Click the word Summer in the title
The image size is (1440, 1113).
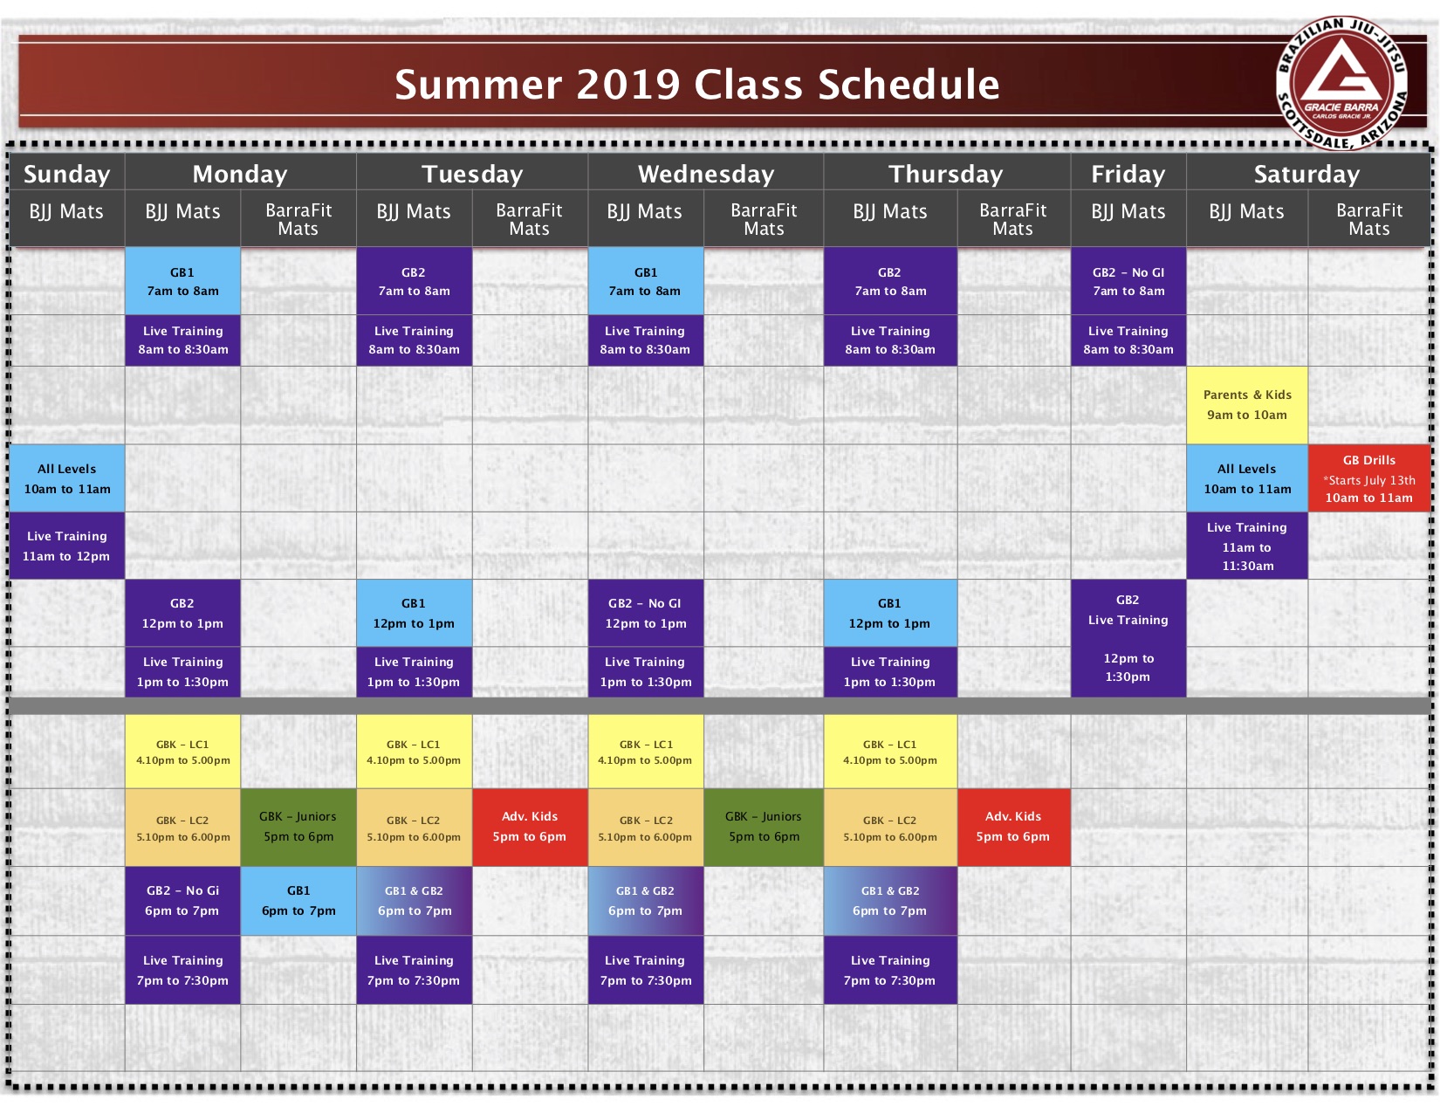point(478,85)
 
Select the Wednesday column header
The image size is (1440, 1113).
point(705,174)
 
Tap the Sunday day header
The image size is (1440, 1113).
point(67,174)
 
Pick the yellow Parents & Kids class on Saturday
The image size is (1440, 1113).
point(1246,405)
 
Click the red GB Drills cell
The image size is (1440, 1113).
point(1368,478)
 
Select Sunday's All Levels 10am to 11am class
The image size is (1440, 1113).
point(67,478)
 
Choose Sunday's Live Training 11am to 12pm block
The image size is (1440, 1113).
point(67,546)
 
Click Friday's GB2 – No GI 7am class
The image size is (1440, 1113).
point(1128,281)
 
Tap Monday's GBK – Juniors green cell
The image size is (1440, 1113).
point(298,827)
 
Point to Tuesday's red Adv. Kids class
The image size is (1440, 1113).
point(530,827)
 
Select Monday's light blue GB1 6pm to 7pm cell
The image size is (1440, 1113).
point(298,901)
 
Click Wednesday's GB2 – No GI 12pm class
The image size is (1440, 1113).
point(646,613)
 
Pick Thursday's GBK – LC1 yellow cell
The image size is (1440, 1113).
point(890,752)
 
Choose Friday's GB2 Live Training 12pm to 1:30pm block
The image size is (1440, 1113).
point(1128,638)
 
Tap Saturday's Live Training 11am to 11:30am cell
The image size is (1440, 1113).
point(1246,546)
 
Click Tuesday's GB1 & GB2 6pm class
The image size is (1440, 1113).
point(415,901)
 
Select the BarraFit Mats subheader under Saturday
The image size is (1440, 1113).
point(1368,219)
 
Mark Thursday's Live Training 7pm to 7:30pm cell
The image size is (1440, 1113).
point(890,970)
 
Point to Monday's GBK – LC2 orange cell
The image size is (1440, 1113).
point(183,827)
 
